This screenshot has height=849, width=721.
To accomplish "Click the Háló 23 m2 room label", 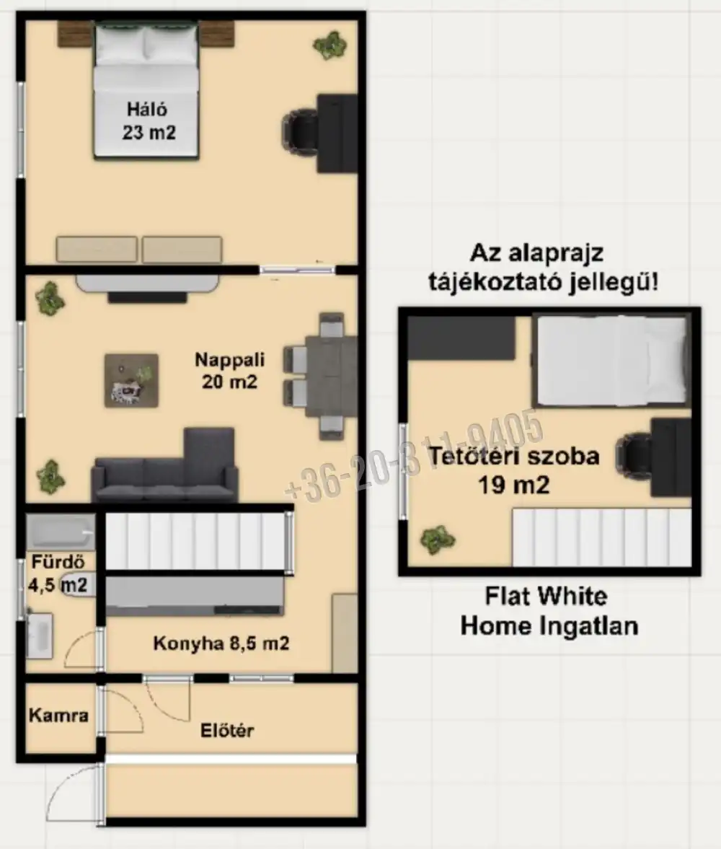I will pyautogui.click(x=147, y=121).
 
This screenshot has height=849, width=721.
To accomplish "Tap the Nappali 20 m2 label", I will pyautogui.click(x=230, y=370).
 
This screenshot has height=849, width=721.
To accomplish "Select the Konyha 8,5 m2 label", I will pyautogui.click(x=221, y=643).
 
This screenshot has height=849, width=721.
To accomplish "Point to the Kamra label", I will pyautogui.click(x=58, y=716).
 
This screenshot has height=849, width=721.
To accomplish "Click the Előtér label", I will pyautogui.click(x=226, y=731).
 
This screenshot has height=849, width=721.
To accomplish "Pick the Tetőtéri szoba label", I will pyautogui.click(x=514, y=457).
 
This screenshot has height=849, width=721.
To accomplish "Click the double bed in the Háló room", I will pyautogui.click(x=146, y=90).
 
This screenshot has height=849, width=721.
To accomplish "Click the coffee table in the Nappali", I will pyautogui.click(x=131, y=380).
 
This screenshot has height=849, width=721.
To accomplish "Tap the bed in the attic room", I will pyautogui.click(x=611, y=360).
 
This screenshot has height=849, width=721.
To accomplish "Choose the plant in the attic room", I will pyautogui.click(x=438, y=538).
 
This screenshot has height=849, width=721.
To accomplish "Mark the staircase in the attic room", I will pyautogui.click(x=601, y=537).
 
